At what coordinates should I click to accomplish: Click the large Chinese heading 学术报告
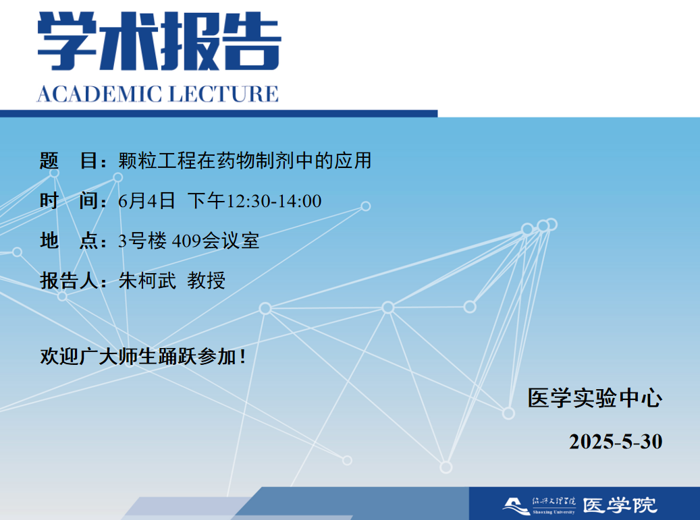[x=159, y=41]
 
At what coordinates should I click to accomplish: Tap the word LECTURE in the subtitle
[x=223, y=94]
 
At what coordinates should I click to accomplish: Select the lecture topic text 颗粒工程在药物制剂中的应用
[x=244, y=161]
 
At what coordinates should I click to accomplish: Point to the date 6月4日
[x=146, y=201]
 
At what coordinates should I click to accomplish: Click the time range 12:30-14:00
[x=274, y=201]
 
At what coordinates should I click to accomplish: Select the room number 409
[x=186, y=241]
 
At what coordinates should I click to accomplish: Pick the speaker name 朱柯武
[x=147, y=281]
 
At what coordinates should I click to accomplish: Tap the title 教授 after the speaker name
[x=207, y=281]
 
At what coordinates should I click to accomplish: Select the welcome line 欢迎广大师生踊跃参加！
[x=143, y=356]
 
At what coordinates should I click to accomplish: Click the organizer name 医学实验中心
[x=595, y=398]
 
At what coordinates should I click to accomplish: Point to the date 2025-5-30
[x=616, y=442]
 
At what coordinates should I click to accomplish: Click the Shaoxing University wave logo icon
[x=516, y=507]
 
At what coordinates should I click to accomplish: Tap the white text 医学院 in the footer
[x=620, y=506]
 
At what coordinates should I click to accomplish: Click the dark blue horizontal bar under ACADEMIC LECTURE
[x=219, y=114]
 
